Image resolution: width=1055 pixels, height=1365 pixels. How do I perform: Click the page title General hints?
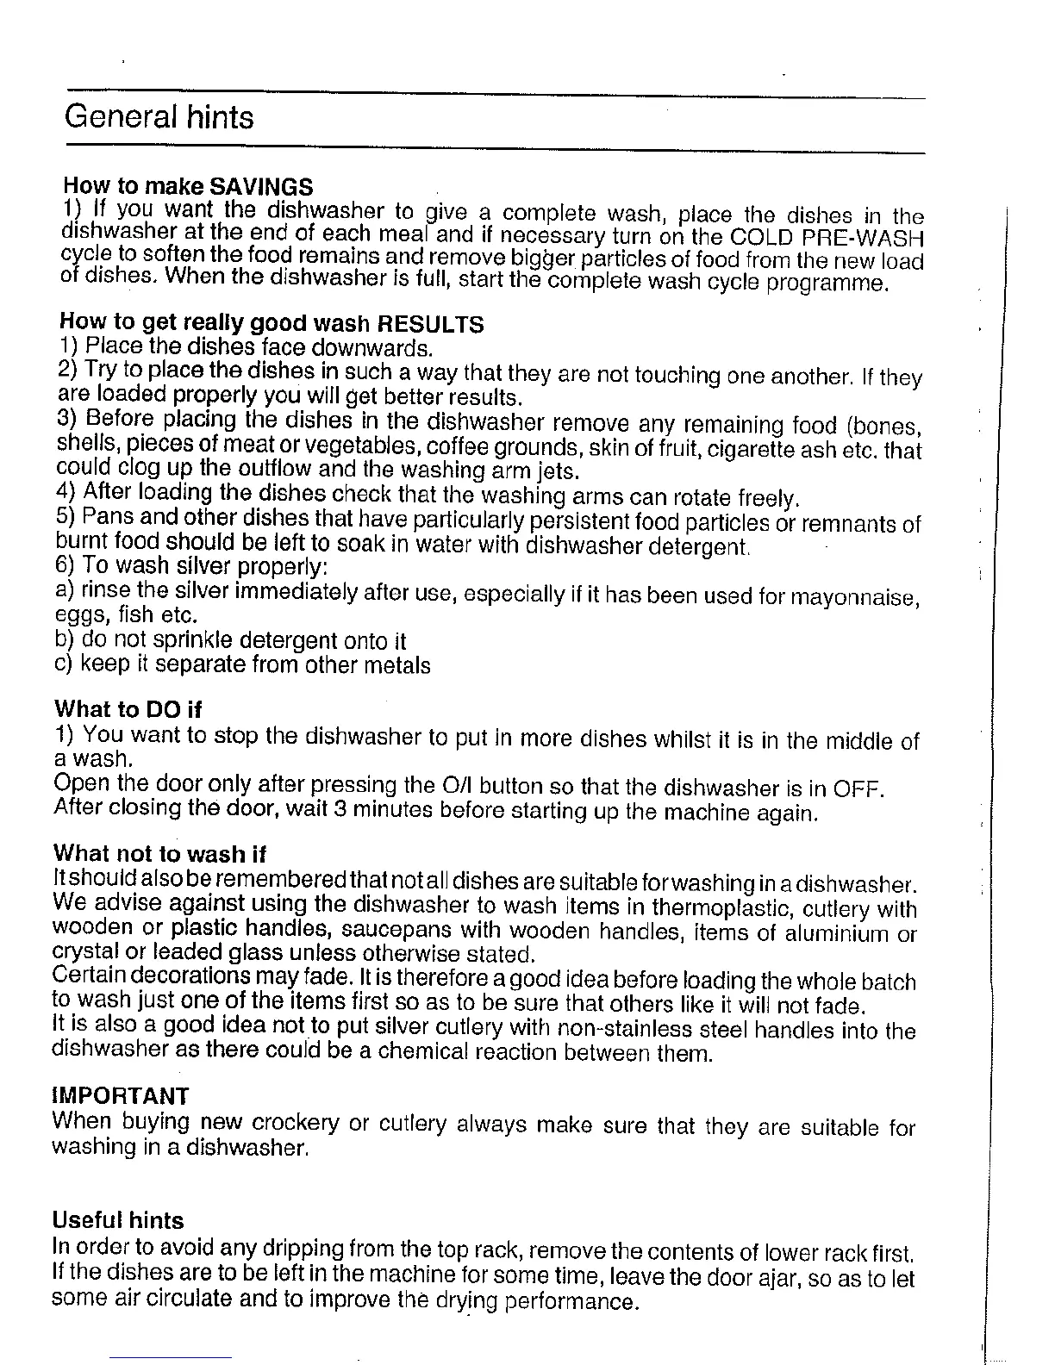(159, 116)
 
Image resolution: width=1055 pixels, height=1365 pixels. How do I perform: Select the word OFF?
(857, 789)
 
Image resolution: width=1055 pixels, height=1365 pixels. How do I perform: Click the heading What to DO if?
(128, 709)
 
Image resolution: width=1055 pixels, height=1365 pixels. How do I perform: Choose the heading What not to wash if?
(160, 854)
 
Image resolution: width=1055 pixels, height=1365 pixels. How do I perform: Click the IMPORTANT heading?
(121, 1096)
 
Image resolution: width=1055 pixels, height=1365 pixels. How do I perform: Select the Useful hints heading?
(118, 1220)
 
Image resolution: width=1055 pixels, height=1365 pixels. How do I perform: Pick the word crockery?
(296, 1124)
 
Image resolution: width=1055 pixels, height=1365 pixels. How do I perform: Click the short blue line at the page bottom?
(171, 1357)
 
